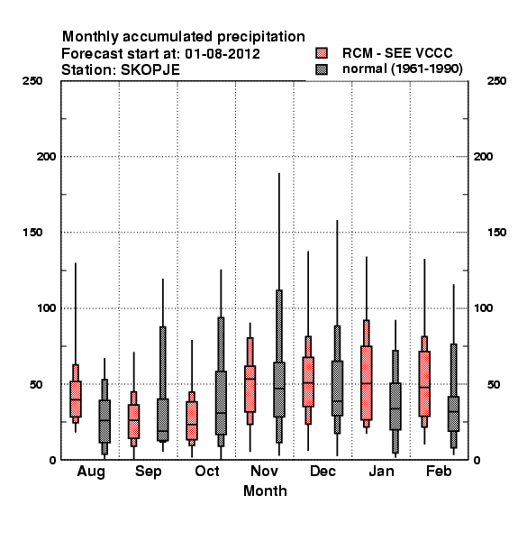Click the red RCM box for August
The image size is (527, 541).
click(76, 399)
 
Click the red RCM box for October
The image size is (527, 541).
click(192, 420)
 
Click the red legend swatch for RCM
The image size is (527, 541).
click(322, 53)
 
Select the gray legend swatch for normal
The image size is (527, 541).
click(322, 69)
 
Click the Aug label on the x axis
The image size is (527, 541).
click(91, 472)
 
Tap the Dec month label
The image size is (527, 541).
click(323, 471)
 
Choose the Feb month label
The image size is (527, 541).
click(439, 471)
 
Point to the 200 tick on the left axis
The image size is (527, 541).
click(46, 157)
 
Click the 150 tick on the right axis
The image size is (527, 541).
click(496, 233)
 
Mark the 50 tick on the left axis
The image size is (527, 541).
click(36, 384)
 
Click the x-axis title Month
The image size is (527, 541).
click(265, 491)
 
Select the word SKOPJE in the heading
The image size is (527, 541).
click(150, 70)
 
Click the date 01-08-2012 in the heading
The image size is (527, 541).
click(223, 54)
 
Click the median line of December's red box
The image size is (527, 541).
click(308, 382)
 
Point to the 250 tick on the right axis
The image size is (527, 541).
click(496, 81)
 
